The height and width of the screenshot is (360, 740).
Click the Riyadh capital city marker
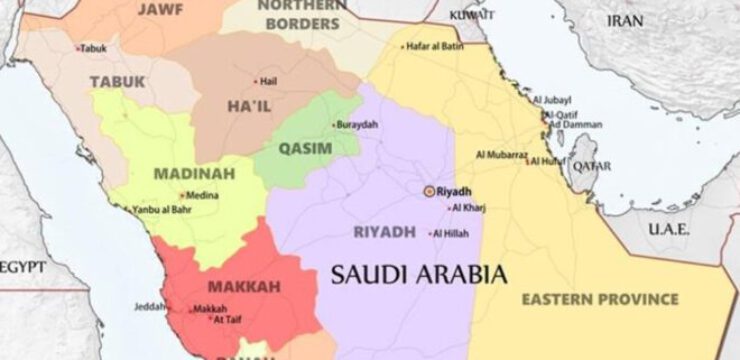pos(429,191)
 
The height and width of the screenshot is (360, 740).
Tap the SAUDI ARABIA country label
pos(419,273)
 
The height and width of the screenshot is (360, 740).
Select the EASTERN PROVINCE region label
pos(599,299)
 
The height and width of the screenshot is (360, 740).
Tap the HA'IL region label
pos(252,107)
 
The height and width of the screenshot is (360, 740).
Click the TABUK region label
pos(117,81)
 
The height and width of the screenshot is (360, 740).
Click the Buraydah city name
pos(359,125)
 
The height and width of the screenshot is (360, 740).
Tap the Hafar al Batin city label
pos(438,46)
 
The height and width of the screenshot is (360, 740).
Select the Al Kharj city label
pos(468,208)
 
